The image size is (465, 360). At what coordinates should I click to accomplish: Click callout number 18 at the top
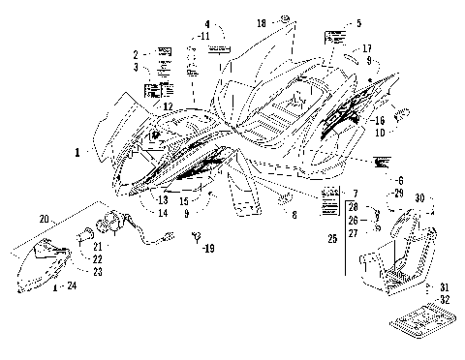coord(262,21)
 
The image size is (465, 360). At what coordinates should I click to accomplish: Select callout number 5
coord(358,22)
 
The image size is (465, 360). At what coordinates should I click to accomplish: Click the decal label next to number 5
coord(335,39)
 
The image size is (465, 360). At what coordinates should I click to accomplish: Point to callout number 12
coord(168,105)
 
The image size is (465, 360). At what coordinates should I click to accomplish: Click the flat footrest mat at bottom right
coord(400,320)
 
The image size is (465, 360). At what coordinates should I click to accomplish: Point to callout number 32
coord(445,299)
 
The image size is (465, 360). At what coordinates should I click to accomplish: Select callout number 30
coord(418,198)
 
